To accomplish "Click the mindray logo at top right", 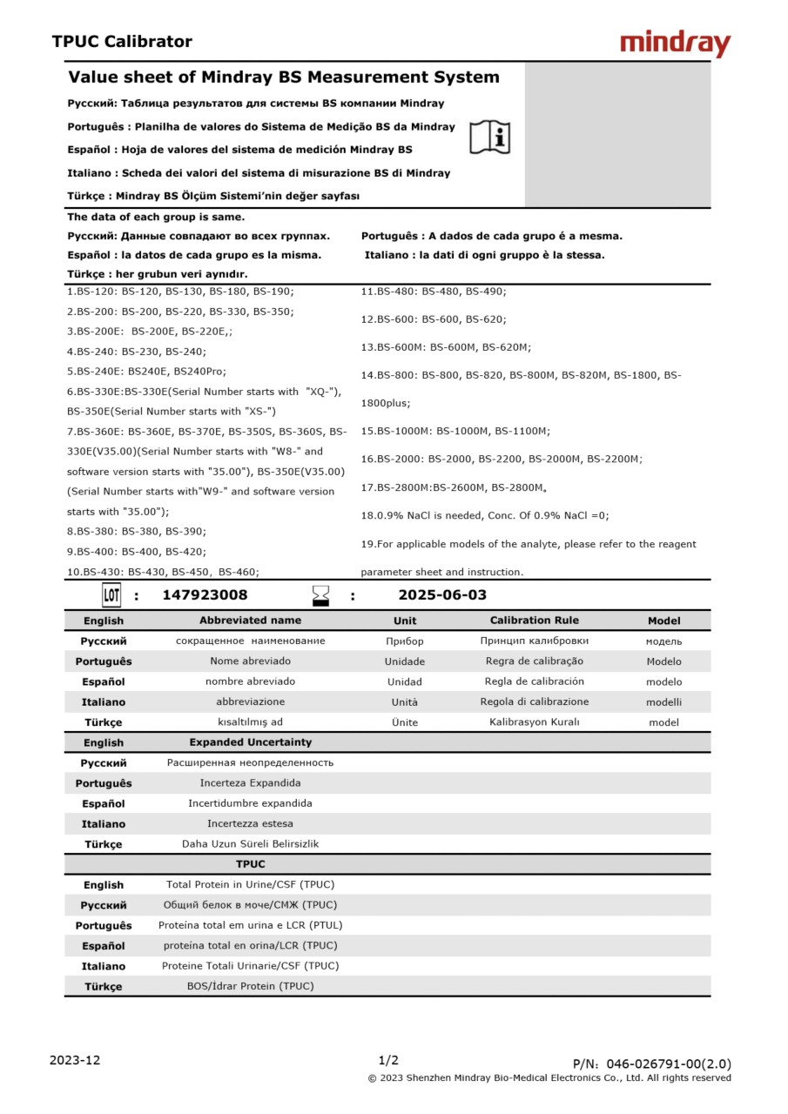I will pyautogui.click(x=675, y=43).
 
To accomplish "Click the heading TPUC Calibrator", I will pyautogui.click(x=122, y=42).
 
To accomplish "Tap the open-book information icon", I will pyautogui.click(x=490, y=137).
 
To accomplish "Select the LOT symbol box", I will pyautogui.click(x=111, y=595).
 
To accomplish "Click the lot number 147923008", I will pyautogui.click(x=205, y=595).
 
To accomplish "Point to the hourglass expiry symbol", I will pyautogui.click(x=321, y=596).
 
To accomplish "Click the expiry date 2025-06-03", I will pyautogui.click(x=442, y=595).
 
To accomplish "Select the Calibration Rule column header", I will pyautogui.click(x=534, y=621).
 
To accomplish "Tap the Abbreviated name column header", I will pyautogui.click(x=250, y=621).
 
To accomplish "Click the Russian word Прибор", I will pyautogui.click(x=404, y=641).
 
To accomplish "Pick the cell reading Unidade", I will pyautogui.click(x=404, y=661).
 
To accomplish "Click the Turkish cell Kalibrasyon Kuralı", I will pyautogui.click(x=534, y=722).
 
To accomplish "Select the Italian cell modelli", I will pyautogui.click(x=663, y=702).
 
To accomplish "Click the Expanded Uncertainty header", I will pyautogui.click(x=250, y=742).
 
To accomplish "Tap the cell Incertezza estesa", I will pyautogui.click(x=250, y=823).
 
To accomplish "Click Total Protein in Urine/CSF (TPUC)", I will pyautogui.click(x=250, y=885).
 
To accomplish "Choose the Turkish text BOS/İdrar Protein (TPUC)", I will pyautogui.click(x=250, y=986).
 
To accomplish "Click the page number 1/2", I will pyautogui.click(x=388, y=1060).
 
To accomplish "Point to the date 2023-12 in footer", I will pyautogui.click(x=75, y=1060).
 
